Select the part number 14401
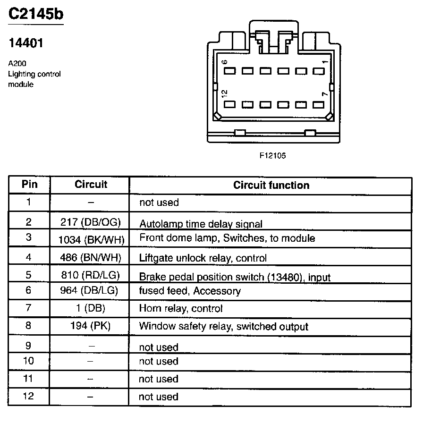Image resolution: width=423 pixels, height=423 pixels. (x=26, y=43)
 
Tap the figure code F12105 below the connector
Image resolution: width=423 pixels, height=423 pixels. (x=272, y=155)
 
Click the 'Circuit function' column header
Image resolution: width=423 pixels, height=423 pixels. (x=271, y=186)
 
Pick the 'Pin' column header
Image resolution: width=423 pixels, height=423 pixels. (x=30, y=184)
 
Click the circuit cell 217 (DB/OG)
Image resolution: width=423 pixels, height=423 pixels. (x=91, y=222)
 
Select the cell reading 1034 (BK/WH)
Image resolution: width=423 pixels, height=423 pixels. (x=91, y=240)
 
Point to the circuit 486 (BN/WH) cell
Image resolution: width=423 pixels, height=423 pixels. (x=91, y=258)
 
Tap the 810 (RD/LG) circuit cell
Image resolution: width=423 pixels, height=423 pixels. (x=91, y=275)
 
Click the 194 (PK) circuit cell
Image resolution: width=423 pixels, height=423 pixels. (x=91, y=326)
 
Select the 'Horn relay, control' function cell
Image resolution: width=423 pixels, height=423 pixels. (x=180, y=309)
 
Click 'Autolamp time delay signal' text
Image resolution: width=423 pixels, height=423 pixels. (x=201, y=224)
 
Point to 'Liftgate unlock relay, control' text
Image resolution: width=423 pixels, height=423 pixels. (x=203, y=258)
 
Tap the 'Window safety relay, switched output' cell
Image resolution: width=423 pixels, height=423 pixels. (x=223, y=326)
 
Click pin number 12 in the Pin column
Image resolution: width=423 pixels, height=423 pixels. (x=29, y=396)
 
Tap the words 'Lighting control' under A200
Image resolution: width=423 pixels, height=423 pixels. (x=34, y=74)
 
